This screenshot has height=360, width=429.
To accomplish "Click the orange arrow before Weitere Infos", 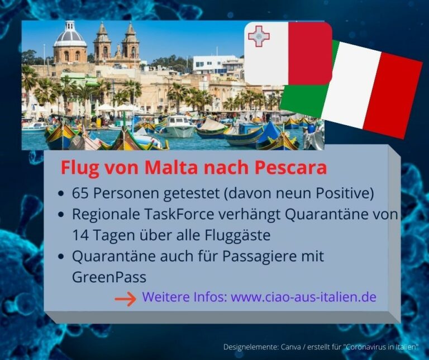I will (125, 299).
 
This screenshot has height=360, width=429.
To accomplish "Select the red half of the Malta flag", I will (310, 53).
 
